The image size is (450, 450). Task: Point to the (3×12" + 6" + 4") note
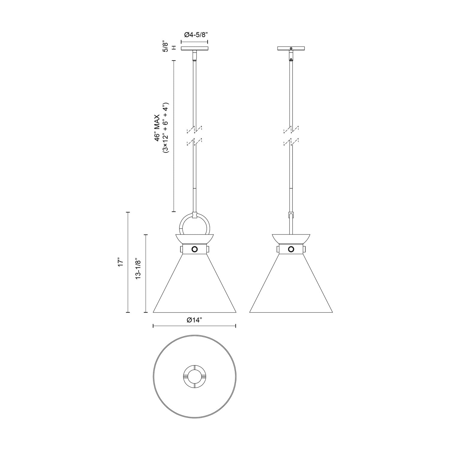coord(166,128)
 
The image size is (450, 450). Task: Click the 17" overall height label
coord(121,262)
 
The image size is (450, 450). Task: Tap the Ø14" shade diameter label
coord(194,320)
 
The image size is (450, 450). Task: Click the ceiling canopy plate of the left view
coord(194,48)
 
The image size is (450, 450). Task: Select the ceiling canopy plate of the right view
coord(291,48)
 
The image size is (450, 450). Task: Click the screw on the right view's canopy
coord(291,48)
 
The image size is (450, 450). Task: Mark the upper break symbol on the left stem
coord(194,129)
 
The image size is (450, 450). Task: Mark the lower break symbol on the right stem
coord(291,142)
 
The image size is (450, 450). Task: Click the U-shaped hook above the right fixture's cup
coord(291,215)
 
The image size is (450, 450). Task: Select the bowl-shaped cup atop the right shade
coord(291,238)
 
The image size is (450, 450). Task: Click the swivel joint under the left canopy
coord(194,55)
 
